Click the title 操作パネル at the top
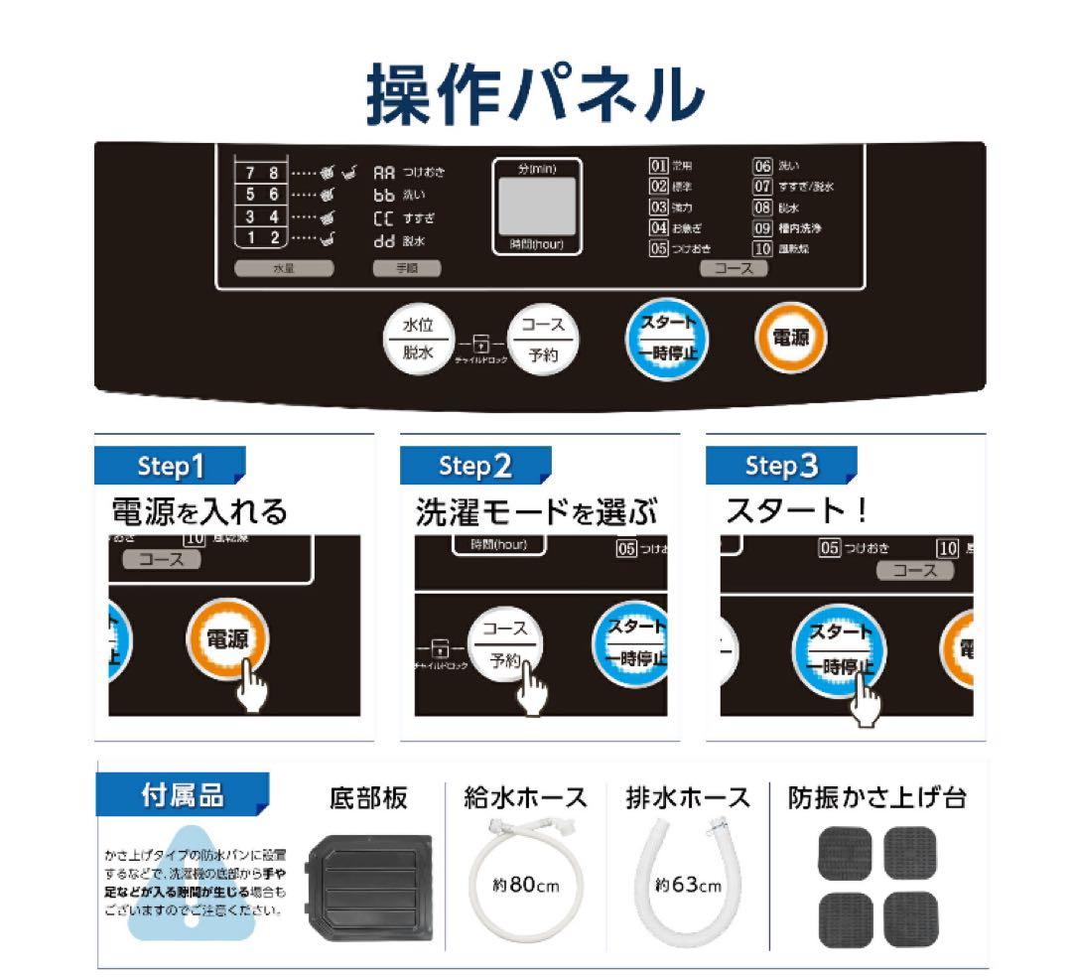(x=536, y=94)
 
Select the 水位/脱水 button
(x=418, y=339)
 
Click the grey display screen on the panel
(x=537, y=207)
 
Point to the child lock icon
(x=481, y=345)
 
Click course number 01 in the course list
(x=658, y=166)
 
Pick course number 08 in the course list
(x=762, y=208)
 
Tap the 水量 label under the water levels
(x=284, y=268)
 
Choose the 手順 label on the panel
(x=406, y=268)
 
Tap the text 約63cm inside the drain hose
(x=689, y=885)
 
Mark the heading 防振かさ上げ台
(x=876, y=797)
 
